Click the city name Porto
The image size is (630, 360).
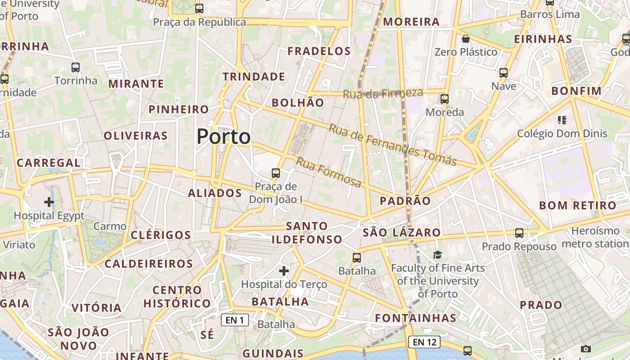point(224,136)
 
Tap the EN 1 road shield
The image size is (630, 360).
point(235,320)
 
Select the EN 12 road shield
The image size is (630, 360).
point(424,342)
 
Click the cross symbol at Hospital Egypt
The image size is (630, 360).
point(49,202)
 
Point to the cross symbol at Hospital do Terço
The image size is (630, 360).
point(284,270)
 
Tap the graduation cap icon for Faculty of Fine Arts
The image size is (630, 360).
point(437,255)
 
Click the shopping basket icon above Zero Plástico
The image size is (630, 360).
point(466,39)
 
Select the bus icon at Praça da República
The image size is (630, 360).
point(199,9)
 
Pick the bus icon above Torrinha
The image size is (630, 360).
point(76,67)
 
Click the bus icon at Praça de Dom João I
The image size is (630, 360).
point(275,173)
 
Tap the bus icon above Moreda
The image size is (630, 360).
point(445,99)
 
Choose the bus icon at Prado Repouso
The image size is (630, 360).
point(519,233)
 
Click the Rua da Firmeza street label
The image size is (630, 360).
point(383,94)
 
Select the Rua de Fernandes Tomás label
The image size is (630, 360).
point(392,144)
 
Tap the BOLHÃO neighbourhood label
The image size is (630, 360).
point(298,103)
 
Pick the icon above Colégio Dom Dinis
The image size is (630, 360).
point(562,120)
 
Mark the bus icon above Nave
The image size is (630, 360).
point(504,72)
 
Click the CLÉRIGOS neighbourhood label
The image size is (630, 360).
point(161,235)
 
